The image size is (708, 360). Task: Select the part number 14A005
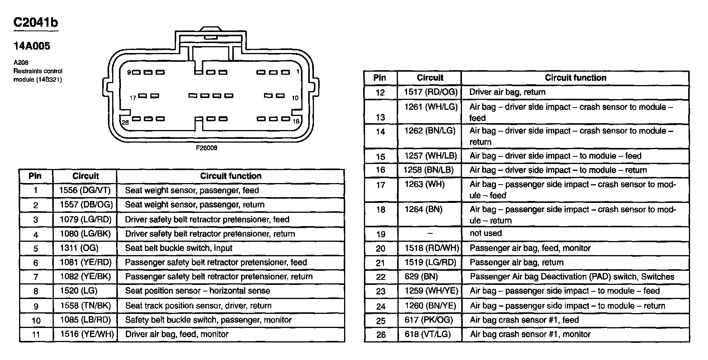pyautogui.click(x=32, y=47)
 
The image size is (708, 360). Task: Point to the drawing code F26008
pyautogui.click(x=206, y=148)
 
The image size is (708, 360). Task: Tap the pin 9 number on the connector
pyautogui.click(x=129, y=72)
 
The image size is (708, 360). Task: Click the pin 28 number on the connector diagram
pyautogui.click(x=125, y=122)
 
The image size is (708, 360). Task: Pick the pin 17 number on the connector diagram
pyautogui.click(x=133, y=98)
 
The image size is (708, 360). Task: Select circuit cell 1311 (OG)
pyautogui.click(x=79, y=248)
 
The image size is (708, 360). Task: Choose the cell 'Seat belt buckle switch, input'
pyautogui.click(x=179, y=248)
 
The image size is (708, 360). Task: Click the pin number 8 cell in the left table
pyautogui.click(x=36, y=291)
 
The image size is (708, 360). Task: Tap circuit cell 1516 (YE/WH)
pyautogui.click(x=87, y=334)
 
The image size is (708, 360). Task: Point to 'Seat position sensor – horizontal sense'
pyautogui.click(x=197, y=291)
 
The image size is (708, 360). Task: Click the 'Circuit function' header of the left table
pyautogui.click(x=231, y=176)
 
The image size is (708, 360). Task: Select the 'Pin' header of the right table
pyautogui.click(x=380, y=78)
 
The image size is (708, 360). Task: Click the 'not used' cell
pyautogui.click(x=486, y=233)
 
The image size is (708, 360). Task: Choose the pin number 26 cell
pyautogui.click(x=381, y=335)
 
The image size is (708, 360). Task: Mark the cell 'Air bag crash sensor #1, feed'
pyautogui.click(x=524, y=320)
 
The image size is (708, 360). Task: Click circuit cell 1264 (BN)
pyautogui.click(x=423, y=209)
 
